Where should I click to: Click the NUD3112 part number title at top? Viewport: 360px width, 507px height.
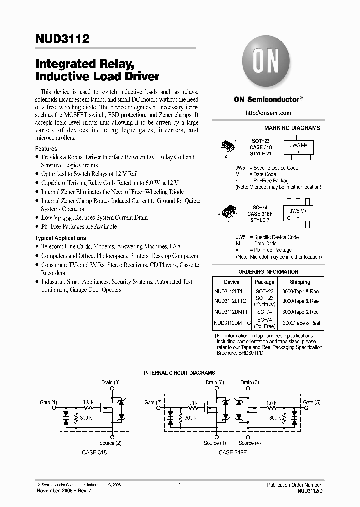(x=62, y=39)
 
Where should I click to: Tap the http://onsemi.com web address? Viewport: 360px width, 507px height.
(x=268, y=113)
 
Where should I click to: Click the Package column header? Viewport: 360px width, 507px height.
(x=264, y=282)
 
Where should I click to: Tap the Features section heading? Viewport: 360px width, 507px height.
(x=46, y=149)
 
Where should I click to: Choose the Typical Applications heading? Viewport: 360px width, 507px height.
(x=61, y=238)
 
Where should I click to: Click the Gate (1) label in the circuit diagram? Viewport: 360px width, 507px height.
(x=49, y=402)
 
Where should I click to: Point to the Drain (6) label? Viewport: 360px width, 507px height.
(x=214, y=382)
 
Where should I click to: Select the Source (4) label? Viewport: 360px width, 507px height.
(x=250, y=443)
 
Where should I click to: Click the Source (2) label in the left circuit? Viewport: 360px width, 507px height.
(x=110, y=443)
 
